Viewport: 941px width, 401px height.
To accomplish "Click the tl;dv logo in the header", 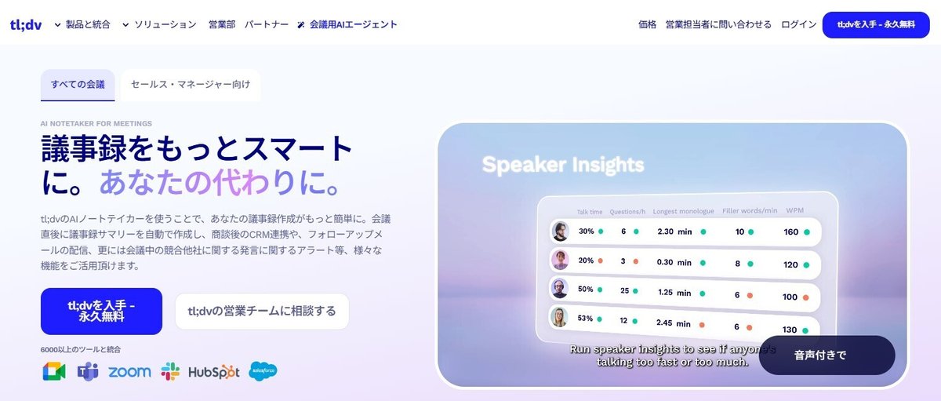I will click(x=26, y=24).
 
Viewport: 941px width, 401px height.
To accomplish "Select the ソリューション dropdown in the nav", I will click(x=159, y=24).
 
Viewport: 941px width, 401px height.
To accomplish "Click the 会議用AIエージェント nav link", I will click(x=347, y=24).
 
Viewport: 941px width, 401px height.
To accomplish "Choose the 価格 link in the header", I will click(x=648, y=24).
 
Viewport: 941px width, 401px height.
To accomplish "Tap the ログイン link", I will click(x=799, y=24).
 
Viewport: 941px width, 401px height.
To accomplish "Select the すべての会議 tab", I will click(x=78, y=84).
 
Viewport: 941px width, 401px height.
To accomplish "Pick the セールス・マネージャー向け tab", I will click(x=191, y=84).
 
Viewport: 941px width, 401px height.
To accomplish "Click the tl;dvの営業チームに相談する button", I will click(x=262, y=311).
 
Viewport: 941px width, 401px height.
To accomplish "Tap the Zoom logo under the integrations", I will click(x=129, y=372).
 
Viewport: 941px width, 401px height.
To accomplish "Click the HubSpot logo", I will click(x=213, y=372).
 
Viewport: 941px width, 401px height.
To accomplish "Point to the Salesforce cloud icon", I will click(x=263, y=371).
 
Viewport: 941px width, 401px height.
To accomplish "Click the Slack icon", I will click(x=170, y=371).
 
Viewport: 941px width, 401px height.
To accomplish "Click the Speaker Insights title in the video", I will click(x=562, y=165).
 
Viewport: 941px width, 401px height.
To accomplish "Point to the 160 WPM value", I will click(x=790, y=231).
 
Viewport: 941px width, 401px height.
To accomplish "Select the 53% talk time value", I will click(x=585, y=319).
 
